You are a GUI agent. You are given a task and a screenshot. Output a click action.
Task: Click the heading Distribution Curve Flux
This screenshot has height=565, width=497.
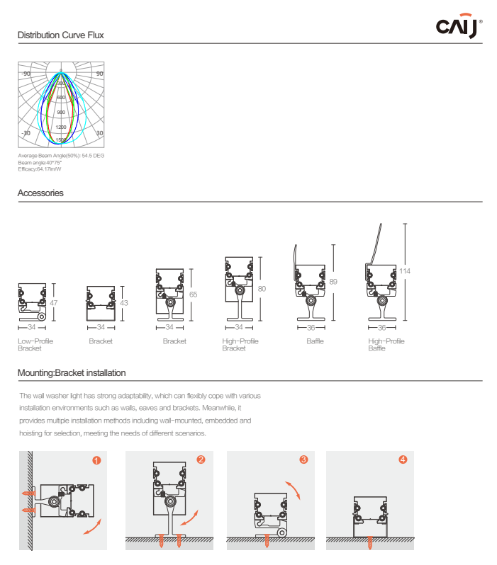tap(62, 35)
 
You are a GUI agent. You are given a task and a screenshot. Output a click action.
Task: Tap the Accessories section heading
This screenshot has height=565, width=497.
tap(40, 193)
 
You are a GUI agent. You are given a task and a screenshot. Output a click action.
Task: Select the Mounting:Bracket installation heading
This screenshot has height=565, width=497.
tap(72, 372)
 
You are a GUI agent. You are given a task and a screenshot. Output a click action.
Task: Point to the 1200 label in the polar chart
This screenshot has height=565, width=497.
tap(61, 127)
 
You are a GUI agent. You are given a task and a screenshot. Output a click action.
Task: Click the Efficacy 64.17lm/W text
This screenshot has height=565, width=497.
tap(40, 169)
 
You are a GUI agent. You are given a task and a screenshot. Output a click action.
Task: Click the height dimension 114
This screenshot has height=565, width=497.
tap(405, 271)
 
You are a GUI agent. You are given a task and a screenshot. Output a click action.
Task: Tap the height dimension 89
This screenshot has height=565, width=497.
tap(334, 282)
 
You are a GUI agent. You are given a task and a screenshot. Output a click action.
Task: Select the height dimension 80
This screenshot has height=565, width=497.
tap(262, 289)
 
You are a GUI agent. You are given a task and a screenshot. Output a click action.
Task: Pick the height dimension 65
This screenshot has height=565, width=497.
tap(193, 295)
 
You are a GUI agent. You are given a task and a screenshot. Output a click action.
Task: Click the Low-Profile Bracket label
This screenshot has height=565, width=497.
tap(35, 345)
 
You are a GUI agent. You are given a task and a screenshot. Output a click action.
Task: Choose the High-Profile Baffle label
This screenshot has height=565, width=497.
tap(386, 345)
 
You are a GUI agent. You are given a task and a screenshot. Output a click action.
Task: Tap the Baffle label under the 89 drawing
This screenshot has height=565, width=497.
tap(315, 341)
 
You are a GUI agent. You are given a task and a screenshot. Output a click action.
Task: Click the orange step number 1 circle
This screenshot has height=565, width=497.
tap(96, 460)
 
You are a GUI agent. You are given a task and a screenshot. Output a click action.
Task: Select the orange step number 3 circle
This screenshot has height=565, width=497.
tap(303, 460)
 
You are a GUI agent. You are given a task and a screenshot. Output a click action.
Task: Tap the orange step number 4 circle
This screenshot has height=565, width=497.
tap(403, 460)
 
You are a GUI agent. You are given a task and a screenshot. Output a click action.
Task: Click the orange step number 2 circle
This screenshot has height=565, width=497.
tap(201, 460)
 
